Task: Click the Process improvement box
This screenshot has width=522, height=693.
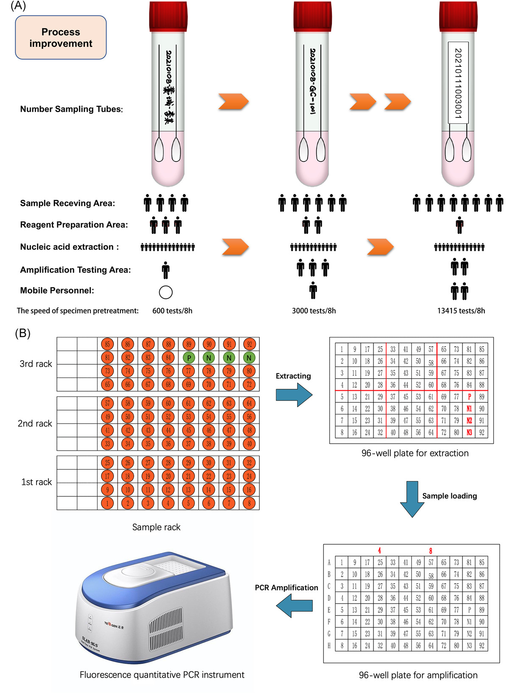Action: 61,38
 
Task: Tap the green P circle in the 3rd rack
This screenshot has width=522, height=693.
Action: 189,358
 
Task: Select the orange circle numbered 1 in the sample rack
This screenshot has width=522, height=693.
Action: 107,504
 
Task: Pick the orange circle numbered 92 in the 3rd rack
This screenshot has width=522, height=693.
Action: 249,344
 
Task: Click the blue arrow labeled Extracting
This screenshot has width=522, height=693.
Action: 294,395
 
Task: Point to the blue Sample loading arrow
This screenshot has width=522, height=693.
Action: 412,498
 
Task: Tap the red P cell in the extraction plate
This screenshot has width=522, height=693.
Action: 469,397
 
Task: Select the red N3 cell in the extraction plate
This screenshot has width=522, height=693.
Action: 469,433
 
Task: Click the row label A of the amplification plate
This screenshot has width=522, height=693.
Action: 329,562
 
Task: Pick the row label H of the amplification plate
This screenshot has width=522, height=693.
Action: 329,646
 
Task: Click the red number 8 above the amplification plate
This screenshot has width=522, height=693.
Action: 430,551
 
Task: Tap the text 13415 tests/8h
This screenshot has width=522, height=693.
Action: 461,311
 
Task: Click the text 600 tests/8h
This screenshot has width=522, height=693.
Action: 172,311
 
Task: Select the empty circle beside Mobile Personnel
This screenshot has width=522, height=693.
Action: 166,292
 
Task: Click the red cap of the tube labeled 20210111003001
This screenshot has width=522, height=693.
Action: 458,17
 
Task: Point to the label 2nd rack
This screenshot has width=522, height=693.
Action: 35,423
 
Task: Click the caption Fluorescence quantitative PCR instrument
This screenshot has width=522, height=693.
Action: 162,675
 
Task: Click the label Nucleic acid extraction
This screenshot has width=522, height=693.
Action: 69,247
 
